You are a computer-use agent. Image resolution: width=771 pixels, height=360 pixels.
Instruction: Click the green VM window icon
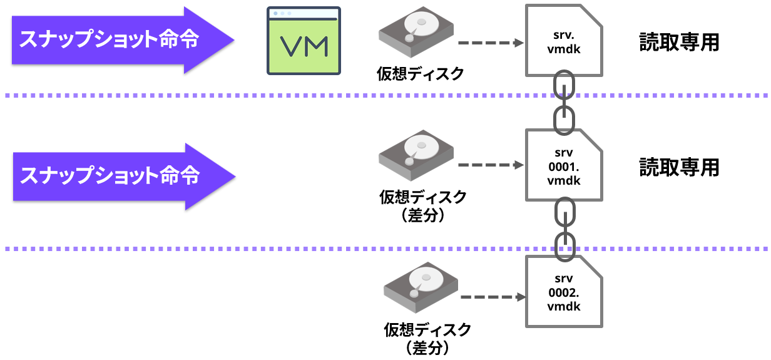coord(304,41)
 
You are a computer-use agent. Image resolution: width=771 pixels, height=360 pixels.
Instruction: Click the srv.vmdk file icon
coord(564,41)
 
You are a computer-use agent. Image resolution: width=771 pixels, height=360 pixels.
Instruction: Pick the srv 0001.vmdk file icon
coord(564,166)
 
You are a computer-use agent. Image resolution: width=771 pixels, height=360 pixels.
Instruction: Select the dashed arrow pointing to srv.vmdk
coord(491,43)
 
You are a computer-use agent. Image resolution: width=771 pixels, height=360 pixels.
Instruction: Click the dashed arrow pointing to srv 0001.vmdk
coord(491,165)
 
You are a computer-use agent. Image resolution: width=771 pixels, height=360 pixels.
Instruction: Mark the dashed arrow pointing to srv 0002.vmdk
coord(491,297)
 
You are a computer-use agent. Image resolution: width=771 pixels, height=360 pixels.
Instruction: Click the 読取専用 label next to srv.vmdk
coord(679,42)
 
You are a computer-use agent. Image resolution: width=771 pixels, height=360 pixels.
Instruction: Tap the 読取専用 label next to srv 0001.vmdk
coord(679,167)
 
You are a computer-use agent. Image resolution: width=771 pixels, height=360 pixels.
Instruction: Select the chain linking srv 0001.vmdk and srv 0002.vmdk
coord(564,227)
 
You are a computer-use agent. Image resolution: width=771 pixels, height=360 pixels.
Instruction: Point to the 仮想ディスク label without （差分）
coord(420,74)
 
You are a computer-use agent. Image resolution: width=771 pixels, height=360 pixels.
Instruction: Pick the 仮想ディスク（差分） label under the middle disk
coord(422,206)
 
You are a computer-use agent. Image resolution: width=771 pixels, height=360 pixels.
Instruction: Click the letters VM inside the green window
coord(304,46)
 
